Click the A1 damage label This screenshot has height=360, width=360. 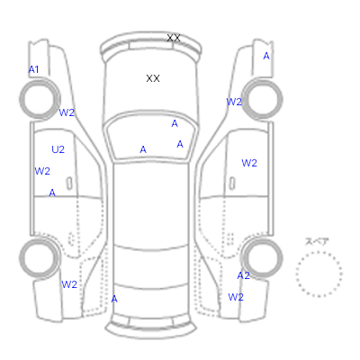pyautogui.click(x=33, y=69)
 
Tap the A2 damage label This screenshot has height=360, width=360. pyautogui.click(x=243, y=275)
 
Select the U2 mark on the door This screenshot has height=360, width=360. pyautogui.click(x=58, y=149)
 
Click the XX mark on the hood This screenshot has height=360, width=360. pyautogui.click(x=153, y=78)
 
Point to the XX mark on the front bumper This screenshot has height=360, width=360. pyautogui.click(x=174, y=38)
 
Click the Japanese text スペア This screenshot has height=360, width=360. pyautogui.click(x=317, y=241)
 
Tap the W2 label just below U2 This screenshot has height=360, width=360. pyautogui.click(x=42, y=171)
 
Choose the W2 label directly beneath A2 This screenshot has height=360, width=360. pyautogui.click(x=236, y=297)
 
